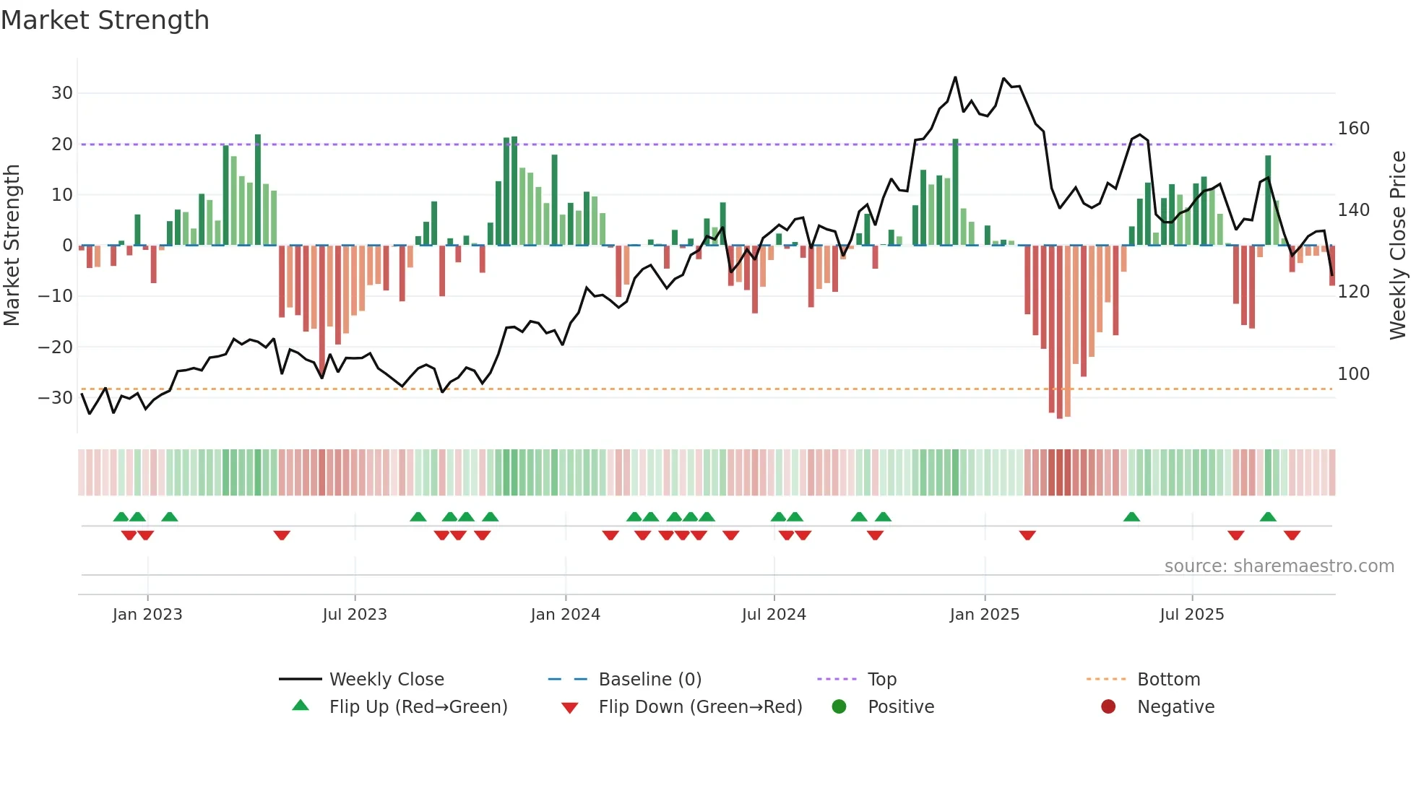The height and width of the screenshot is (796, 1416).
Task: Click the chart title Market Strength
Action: [105, 20]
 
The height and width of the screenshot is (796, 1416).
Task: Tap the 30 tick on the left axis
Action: [61, 93]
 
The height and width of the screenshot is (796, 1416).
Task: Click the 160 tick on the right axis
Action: [1353, 129]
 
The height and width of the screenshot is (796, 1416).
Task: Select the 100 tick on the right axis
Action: [1353, 374]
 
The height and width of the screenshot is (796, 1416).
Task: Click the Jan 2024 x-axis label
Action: [565, 615]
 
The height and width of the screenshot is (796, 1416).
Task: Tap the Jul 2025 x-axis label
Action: [1191, 615]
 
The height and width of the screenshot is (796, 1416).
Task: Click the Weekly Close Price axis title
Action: [1398, 245]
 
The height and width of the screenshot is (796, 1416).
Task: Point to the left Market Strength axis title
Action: [12, 245]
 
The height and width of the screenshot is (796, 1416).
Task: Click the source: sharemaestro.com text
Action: [1279, 566]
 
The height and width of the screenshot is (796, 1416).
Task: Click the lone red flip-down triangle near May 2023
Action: [282, 535]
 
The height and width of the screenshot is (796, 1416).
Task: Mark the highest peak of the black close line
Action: [955, 77]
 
